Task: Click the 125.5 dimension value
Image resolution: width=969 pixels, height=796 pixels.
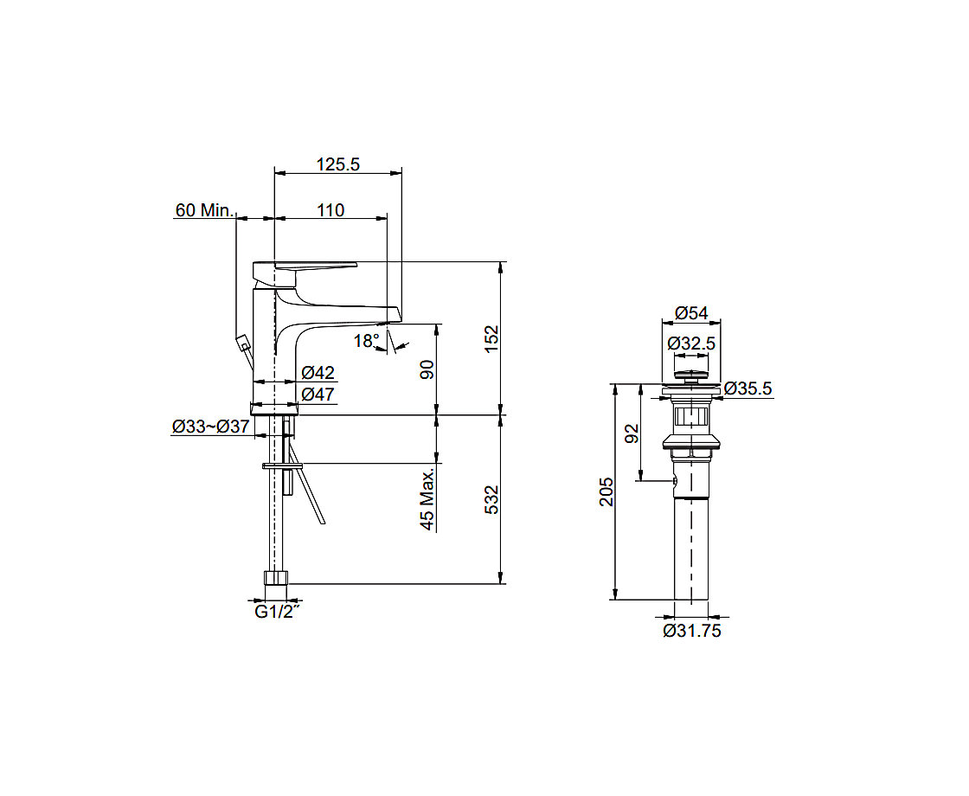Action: [x=338, y=164]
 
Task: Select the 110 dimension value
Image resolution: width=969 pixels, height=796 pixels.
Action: [x=330, y=210]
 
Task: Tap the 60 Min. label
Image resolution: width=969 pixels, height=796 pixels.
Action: [x=204, y=210]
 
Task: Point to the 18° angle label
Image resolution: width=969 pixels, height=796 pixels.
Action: [x=366, y=341]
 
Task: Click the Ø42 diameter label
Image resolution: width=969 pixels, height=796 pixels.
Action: [x=318, y=372]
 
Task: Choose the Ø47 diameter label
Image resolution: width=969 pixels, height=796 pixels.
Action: [x=318, y=394]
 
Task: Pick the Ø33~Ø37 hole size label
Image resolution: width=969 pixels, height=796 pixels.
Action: [x=210, y=426]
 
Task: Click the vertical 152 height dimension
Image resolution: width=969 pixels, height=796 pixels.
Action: [x=491, y=338]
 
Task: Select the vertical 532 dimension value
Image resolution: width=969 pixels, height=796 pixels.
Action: [x=491, y=499]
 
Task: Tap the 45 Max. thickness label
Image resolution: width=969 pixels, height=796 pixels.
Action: [x=427, y=499]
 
